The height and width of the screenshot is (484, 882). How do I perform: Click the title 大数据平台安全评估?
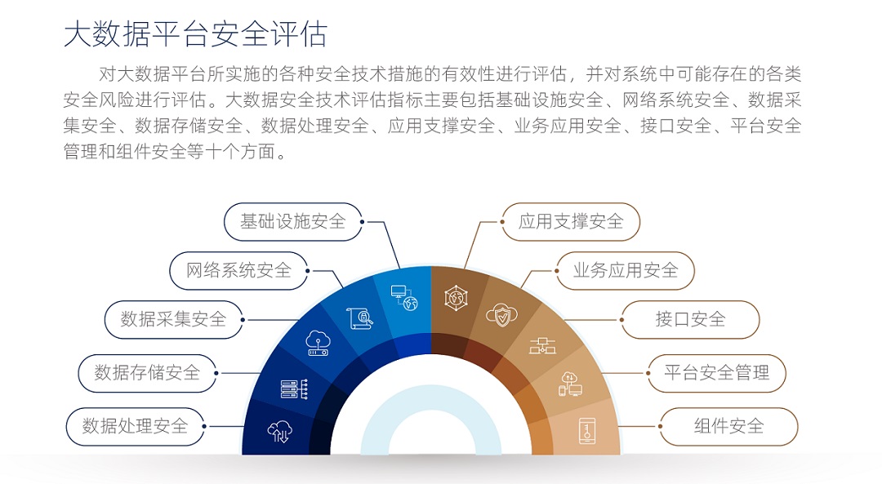(x=195, y=34)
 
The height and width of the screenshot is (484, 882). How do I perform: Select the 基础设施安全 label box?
(x=293, y=222)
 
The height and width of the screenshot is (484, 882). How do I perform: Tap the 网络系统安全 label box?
(x=239, y=271)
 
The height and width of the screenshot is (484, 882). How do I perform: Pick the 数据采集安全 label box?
(x=174, y=320)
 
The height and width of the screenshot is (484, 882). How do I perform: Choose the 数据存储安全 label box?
(x=147, y=373)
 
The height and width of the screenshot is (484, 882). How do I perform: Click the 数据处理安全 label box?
(x=136, y=427)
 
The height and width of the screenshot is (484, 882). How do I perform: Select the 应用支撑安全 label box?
(x=570, y=222)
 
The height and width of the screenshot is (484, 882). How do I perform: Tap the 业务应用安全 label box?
(x=625, y=271)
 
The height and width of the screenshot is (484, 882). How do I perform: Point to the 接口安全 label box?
(x=689, y=320)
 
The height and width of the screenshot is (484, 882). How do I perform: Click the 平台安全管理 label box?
(x=716, y=373)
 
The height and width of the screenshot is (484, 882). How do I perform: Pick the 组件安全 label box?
(x=728, y=427)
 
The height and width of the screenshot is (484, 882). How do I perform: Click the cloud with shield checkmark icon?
(x=501, y=315)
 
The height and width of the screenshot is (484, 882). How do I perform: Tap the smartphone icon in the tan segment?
(x=587, y=431)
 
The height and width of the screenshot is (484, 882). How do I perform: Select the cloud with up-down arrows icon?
(x=279, y=431)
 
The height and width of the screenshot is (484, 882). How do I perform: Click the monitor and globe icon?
(x=404, y=297)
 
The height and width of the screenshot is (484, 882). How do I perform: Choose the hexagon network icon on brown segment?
(x=456, y=298)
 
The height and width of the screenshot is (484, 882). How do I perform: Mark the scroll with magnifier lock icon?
(x=359, y=319)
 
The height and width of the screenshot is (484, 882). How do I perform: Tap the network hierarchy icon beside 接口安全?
(x=542, y=346)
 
